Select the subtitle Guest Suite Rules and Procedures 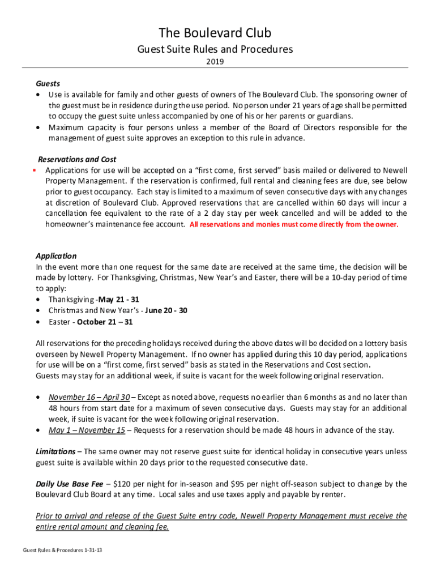click(x=215, y=49)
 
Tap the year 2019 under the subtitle click(x=215, y=62)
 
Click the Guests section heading click(x=48, y=84)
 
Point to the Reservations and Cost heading click(x=77, y=159)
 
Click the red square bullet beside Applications click(x=35, y=170)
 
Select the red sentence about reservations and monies click(x=294, y=224)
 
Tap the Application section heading click(x=56, y=256)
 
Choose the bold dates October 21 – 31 click(x=105, y=322)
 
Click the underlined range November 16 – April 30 click(x=89, y=397)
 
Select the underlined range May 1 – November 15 click(x=87, y=430)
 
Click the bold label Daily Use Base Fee click(x=70, y=484)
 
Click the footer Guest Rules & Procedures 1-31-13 click(x=63, y=551)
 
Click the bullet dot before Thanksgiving click(x=38, y=299)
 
